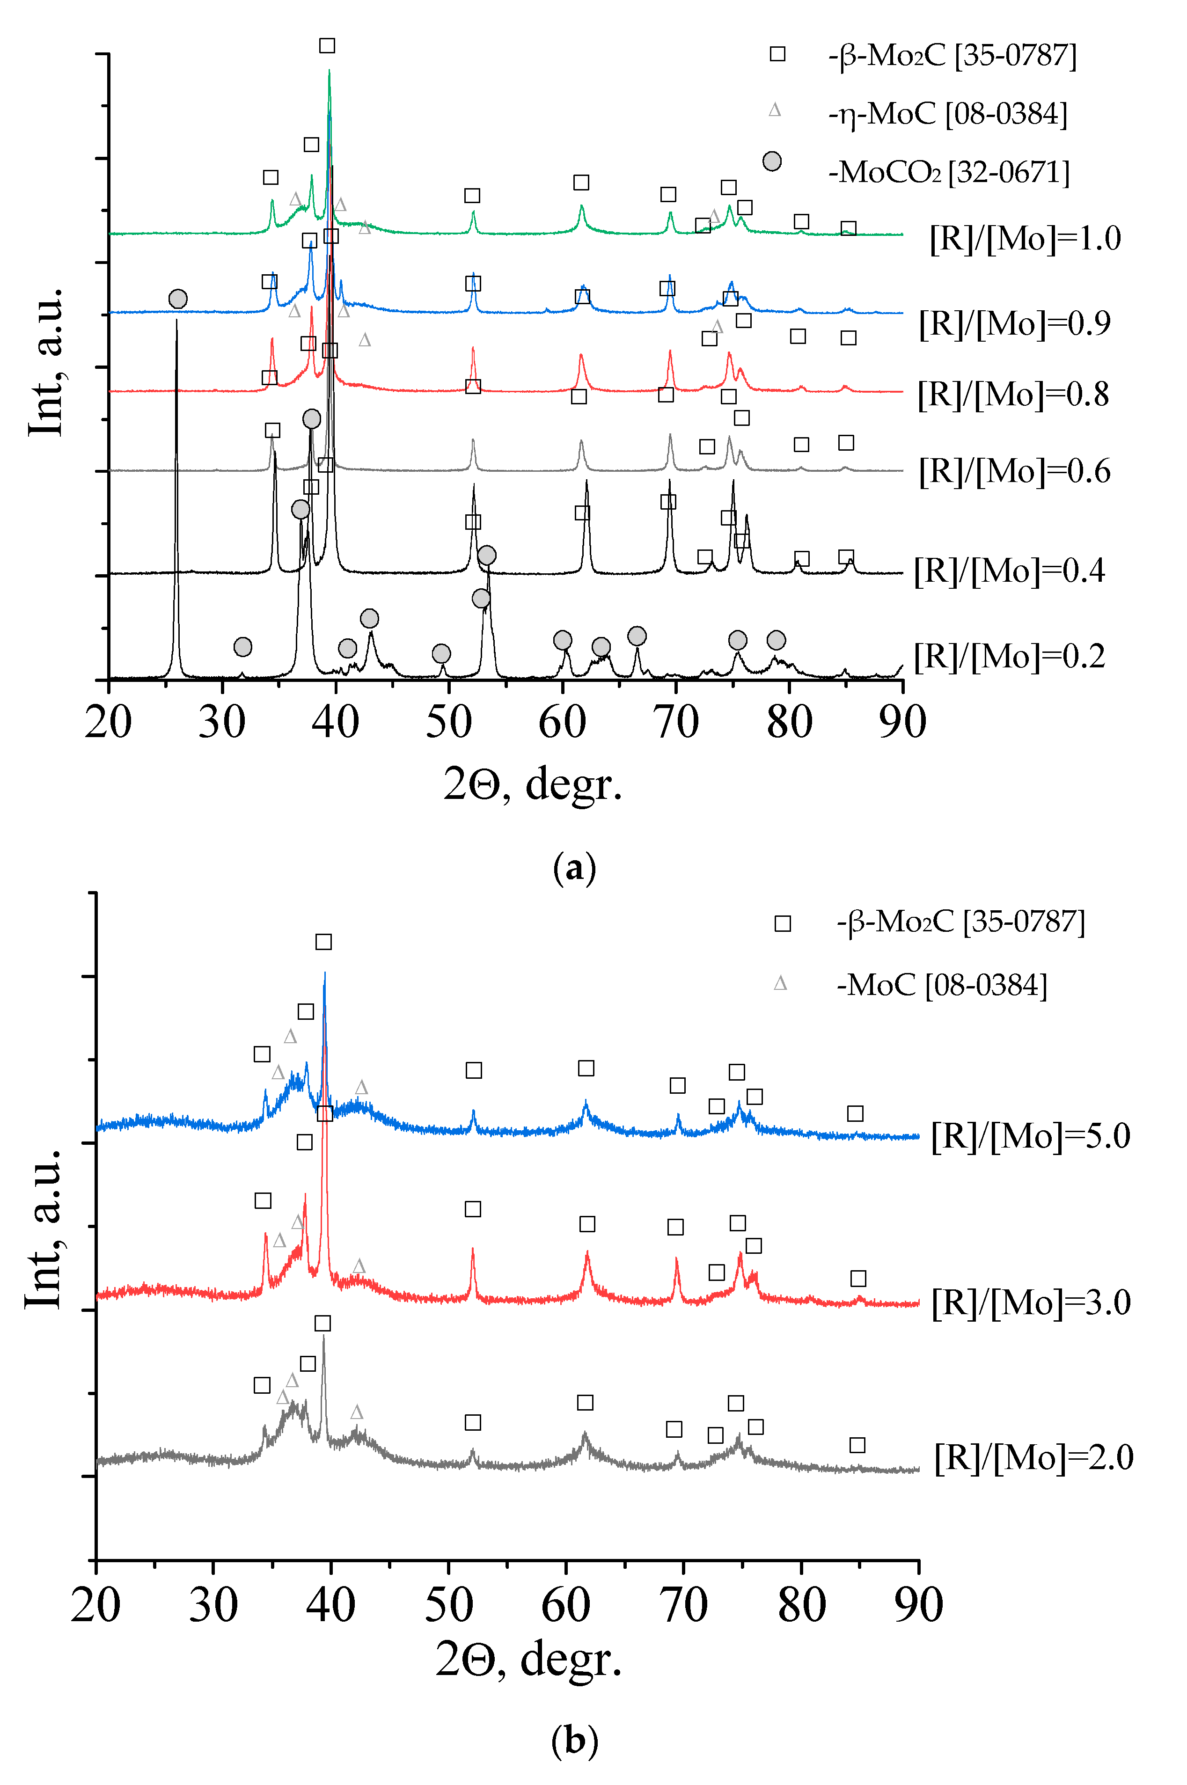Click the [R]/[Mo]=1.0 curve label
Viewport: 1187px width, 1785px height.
pyautogui.click(x=1025, y=239)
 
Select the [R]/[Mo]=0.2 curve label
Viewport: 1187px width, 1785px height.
pyautogui.click(x=1009, y=656)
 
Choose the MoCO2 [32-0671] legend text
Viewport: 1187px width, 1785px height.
pyautogui.click(x=949, y=173)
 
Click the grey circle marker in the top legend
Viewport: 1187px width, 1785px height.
pyautogui.click(x=771, y=161)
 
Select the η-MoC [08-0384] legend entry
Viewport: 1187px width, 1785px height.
pyautogui.click(x=948, y=114)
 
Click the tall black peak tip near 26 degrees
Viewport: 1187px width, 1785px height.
pyautogui.click(x=176, y=321)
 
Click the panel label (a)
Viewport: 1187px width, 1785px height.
pyautogui.click(x=575, y=868)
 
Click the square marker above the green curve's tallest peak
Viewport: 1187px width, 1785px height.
pyautogui.click(x=327, y=46)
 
